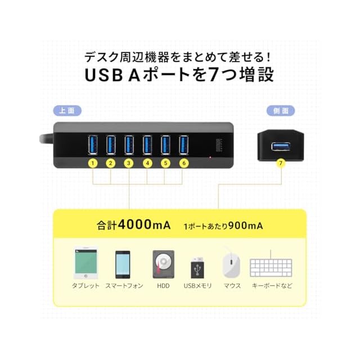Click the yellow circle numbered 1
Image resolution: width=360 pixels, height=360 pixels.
point(93,163)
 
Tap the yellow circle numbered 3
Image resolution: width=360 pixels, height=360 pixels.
point(129,163)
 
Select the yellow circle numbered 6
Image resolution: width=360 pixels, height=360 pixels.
point(183,163)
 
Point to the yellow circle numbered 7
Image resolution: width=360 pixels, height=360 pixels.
point(281,163)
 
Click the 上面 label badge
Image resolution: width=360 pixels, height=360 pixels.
point(67,111)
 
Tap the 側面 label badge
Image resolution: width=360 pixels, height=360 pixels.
point(281,111)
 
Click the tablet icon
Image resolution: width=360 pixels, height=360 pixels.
point(85,263)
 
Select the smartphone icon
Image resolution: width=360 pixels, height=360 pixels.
point(123,264)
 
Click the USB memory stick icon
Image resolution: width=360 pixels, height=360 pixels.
point(197,267)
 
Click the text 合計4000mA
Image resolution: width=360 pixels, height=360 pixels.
point(133,226)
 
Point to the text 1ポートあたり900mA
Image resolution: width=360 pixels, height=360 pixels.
point(223,226)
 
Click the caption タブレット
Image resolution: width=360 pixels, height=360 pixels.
point(85,286)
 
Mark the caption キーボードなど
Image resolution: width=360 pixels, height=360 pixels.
point(272,286)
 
